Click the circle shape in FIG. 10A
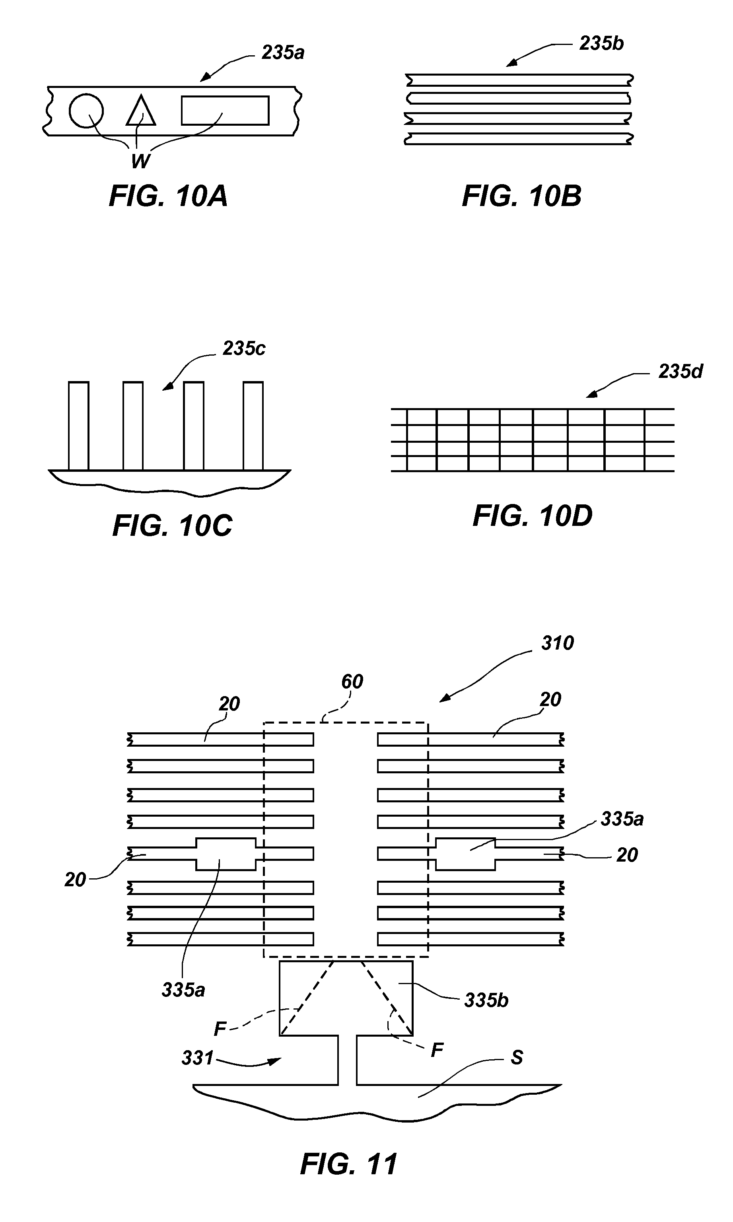[86, 110]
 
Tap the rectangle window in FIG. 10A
[225, 111]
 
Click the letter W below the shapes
[141, 161]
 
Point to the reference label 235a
[283, 53]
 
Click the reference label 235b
[602, 43]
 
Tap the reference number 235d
[681, 372]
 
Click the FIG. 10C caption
[172, 525]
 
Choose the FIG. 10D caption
[533, 516]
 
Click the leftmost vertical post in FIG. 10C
[78, 426]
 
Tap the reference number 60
[352, 682]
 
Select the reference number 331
[198, 1058]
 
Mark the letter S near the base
[517, 1058]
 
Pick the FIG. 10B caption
[521, 196]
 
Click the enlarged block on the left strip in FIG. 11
[226, 854]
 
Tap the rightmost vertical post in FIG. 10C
[253, 426]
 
